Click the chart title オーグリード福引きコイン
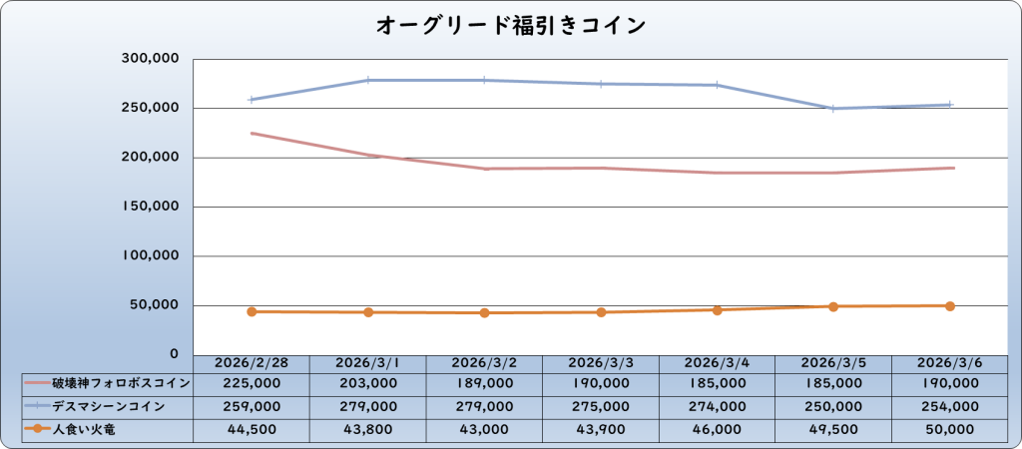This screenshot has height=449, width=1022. [x=510, y=25]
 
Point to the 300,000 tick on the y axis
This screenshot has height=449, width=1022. [x=150, y=59]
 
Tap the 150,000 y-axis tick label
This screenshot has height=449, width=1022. [x=150, y=207]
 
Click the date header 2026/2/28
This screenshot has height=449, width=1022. [x=252, y=363]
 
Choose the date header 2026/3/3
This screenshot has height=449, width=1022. [x=601, y=363]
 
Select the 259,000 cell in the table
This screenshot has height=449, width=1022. [x=252, y=407]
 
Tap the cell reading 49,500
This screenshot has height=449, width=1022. [x=833, y=430]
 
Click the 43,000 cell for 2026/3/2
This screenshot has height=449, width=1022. [x=484, y=430]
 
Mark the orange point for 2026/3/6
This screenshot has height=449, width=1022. [x=950, y=306]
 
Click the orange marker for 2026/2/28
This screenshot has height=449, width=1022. [x=252, y=311]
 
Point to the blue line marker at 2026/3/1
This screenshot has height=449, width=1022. [x=368, y=80]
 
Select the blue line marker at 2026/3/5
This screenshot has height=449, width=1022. [x=833, y=109]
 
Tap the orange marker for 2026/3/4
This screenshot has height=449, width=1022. [x=718, y=310]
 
